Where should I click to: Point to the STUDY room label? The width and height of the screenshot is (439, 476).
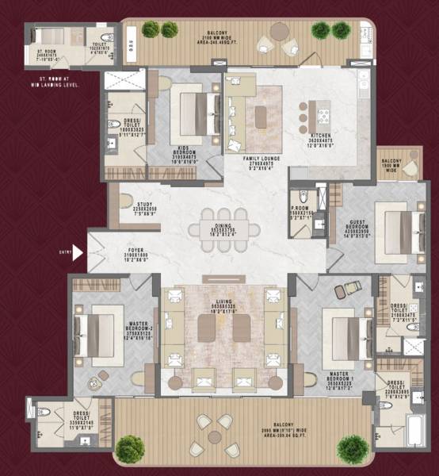click(x=143, y=209)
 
